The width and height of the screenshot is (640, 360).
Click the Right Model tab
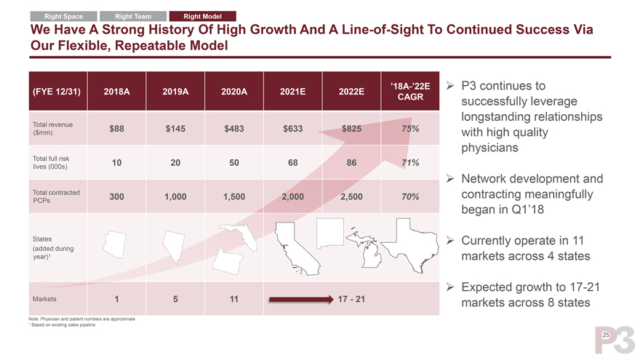pos(202,17)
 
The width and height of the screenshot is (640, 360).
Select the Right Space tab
pos(63,17)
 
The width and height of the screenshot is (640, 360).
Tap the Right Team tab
pos(132,17)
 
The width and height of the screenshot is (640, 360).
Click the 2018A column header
pos(116,92)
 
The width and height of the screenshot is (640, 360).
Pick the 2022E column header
pos(351,92)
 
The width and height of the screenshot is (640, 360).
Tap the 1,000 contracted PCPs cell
pos(175,196)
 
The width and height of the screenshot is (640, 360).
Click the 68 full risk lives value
pos(292,162)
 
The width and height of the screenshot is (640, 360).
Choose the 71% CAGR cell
pos(409,162)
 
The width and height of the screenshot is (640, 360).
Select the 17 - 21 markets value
pos(352,299)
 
